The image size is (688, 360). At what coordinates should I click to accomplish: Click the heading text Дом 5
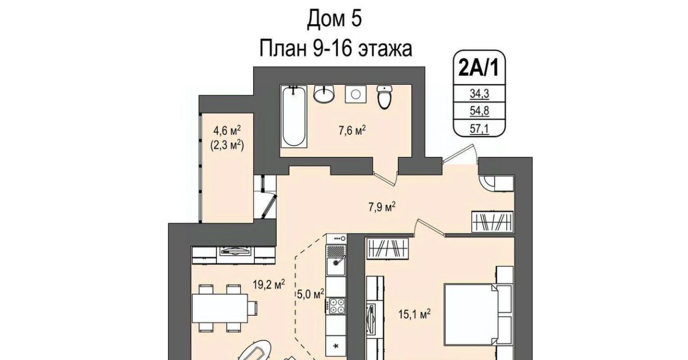[334, 19]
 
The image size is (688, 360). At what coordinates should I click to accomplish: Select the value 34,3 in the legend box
[479, 93]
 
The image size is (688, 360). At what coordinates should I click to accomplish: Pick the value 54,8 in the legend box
[479, 111]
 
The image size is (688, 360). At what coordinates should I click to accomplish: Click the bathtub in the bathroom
[294, 117]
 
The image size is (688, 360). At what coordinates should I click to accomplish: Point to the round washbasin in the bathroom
[324, 93]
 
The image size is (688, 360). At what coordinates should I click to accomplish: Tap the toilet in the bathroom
[385, 97]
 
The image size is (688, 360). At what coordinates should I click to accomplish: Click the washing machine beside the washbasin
[356, 94]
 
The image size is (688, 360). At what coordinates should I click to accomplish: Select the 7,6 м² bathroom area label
[352, 131]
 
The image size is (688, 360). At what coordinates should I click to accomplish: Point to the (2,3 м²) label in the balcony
[227, 145]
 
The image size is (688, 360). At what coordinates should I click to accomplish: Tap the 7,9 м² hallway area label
[382, 207]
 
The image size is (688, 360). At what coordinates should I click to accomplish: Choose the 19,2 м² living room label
[269, 284]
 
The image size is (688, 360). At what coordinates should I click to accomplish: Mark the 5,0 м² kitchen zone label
[311, 294]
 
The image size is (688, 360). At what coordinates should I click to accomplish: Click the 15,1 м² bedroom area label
[414, 314]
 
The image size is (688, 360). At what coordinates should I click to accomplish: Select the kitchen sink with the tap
[336, 266]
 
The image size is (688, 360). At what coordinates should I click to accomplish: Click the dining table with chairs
[225, 308]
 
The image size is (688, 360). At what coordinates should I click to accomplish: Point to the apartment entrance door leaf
[458, 154]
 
